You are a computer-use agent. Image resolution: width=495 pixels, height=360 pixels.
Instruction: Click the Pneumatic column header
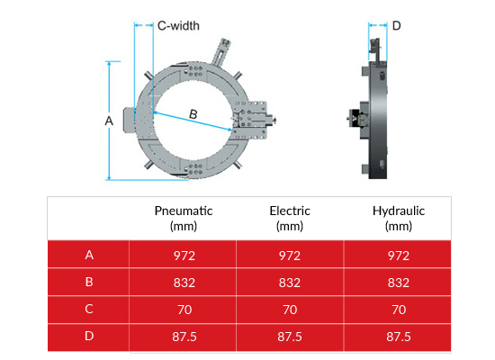click(x=184, y=218)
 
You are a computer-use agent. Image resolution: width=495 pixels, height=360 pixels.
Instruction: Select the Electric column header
click(x=290, y=218)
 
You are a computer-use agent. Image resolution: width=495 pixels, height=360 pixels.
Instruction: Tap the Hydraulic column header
click(x=398, y=218)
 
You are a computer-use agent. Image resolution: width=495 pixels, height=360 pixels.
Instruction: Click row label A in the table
click(x=89, y=255)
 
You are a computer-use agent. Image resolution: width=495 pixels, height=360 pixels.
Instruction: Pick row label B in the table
click(x=89, y=282)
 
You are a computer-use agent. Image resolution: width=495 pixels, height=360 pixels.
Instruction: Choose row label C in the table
click(x=89, y=309)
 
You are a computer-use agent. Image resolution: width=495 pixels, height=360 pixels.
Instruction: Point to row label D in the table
click(x=89, y=336)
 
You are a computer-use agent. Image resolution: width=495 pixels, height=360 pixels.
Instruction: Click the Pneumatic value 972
click(x=184, y=255)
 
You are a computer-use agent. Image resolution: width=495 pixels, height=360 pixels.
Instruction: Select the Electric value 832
click(x=290, y=282)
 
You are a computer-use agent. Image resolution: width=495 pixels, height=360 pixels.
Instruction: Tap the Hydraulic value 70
click(x=398, y=309)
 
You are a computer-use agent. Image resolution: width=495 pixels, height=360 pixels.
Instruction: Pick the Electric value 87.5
click(x=290, y=336)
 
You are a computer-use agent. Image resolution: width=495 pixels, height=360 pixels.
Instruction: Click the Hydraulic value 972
click(x=398, y=255)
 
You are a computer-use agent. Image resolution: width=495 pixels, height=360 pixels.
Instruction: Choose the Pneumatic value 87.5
click(x=184, y=336)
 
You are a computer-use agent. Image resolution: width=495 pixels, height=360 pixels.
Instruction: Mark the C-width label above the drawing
click(x=178, y=26)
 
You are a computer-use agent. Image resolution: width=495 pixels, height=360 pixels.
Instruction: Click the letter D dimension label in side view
click(x=396, y=25)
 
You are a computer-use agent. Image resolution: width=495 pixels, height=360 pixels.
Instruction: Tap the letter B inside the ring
click(x=193, y=113)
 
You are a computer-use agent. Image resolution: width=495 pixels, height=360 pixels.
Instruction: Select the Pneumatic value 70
click(x=184, y=309)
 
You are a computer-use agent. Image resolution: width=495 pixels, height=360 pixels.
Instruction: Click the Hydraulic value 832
click(x=398, y=282)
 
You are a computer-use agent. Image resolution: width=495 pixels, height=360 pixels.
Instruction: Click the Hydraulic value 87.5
click(x=398, y=336)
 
